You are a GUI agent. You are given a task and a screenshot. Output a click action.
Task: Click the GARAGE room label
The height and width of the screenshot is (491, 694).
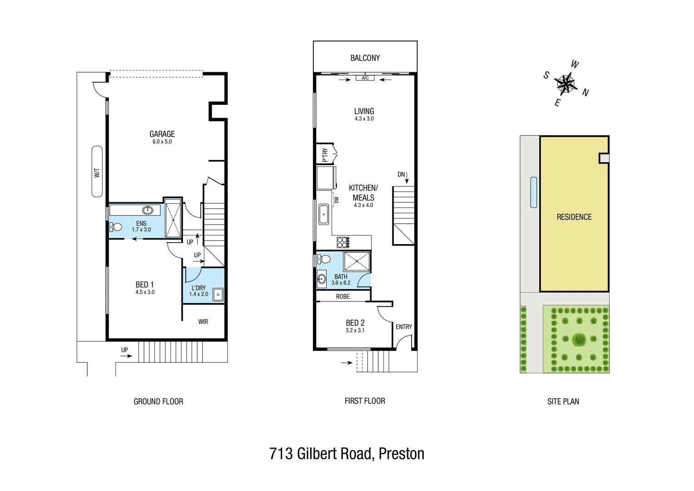(x=162, y=134)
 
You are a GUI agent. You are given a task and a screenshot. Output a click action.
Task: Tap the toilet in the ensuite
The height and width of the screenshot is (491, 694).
(x=115, y=227)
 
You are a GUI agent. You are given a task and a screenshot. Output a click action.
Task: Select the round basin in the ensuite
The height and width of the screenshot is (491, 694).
(x=148, y=210)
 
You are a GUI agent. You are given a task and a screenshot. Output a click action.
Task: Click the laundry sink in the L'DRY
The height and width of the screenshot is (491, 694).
(x=218, y=295)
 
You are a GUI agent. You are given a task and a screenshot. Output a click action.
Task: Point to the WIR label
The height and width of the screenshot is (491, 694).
(x=203, y=321)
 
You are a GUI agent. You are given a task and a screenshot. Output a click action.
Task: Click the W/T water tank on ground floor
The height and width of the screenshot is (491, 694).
(x=97, y=171)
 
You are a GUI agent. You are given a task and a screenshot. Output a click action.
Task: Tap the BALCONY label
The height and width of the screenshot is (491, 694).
(x=365, y=58)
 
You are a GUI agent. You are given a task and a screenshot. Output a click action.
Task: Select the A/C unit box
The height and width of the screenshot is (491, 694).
(x=365, y=78)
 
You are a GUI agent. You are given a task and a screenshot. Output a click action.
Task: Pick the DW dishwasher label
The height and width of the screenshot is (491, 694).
(x=337, y=200)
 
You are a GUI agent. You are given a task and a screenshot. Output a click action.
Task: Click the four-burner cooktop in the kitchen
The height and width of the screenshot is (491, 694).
(x=342, y=242)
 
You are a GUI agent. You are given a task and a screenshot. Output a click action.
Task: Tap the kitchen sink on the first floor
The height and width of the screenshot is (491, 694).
(x=323, y=214)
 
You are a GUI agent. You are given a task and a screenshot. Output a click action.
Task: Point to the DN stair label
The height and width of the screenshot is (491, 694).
(x=401, y=175)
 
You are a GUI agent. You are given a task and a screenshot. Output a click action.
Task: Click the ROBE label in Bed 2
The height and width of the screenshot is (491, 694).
(x=343, y=296)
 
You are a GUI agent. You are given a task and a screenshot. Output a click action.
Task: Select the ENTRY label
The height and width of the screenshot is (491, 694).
(x=403, y=326)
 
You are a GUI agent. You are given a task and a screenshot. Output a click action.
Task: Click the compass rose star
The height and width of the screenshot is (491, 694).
(x=565, y=84)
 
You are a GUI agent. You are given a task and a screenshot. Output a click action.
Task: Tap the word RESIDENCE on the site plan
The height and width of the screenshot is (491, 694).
(x=574, y=217)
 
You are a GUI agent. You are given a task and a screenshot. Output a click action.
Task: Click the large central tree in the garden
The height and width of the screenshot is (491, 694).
(x=579, y=339)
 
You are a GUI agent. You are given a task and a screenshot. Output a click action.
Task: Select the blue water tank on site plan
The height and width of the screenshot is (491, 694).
(x=534, y=192)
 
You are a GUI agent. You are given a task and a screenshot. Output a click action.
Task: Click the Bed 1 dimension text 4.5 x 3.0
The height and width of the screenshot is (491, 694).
(x=145, y=292)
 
